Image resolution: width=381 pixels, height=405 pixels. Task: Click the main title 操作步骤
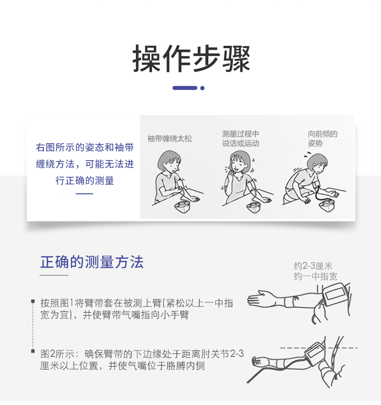tap(191, 59)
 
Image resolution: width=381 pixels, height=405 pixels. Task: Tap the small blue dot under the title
tap(203, 88)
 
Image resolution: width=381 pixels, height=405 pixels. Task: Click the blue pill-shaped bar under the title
tap(185, 88)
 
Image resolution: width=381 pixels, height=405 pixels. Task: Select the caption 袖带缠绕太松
tap(169, 139)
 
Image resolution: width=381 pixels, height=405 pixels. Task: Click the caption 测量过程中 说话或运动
tap(241, 138)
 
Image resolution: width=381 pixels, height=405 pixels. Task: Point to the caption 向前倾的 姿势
tap(322, 138)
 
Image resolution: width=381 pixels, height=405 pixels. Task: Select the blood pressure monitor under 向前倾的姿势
tap(327, 205)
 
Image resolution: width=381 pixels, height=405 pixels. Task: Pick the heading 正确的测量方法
tap(92, 262)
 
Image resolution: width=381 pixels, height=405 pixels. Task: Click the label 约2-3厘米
tap(313, 266)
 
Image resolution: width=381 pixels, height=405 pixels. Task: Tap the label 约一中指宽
tap(315, 276)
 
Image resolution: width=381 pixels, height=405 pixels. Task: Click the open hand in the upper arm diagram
tap(259, 298)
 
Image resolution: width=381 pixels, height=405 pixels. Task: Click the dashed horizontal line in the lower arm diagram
tap(319, 348)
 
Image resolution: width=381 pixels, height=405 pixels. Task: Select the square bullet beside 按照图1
tap(33, 301)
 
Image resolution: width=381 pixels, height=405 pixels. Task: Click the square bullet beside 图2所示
tap(33, 351)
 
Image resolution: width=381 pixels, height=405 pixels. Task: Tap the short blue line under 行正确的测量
tap(84, 193)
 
